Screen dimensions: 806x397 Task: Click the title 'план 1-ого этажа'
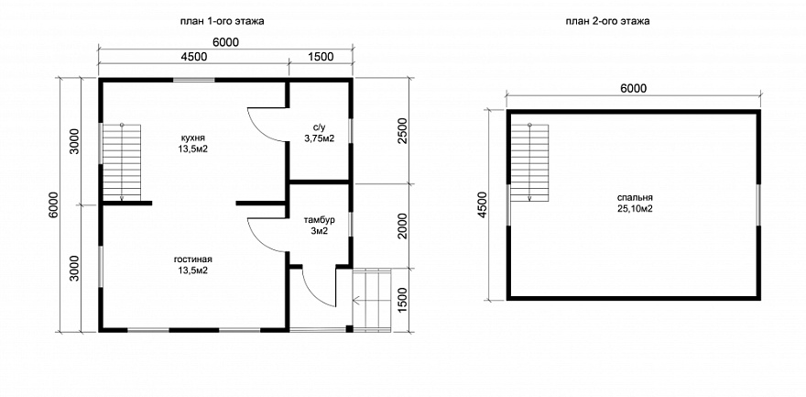[223, 21]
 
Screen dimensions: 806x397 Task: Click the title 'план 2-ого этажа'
[607, 21]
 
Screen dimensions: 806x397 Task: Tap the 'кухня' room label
[193, 138]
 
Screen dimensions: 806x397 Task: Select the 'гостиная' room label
[193, 260]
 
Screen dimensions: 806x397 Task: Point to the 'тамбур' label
[320, 221]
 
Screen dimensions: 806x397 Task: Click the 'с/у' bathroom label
[319, 128]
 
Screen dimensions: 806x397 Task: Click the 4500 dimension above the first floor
[194, 57]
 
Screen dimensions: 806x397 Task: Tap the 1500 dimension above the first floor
[321, 57]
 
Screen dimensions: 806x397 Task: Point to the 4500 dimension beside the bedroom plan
[481, 205]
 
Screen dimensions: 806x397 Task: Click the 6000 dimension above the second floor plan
[633, 88]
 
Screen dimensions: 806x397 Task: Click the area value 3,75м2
[319, 138]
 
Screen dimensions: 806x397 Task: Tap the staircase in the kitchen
[122, 162]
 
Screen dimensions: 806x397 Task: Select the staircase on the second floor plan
[530, 162]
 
